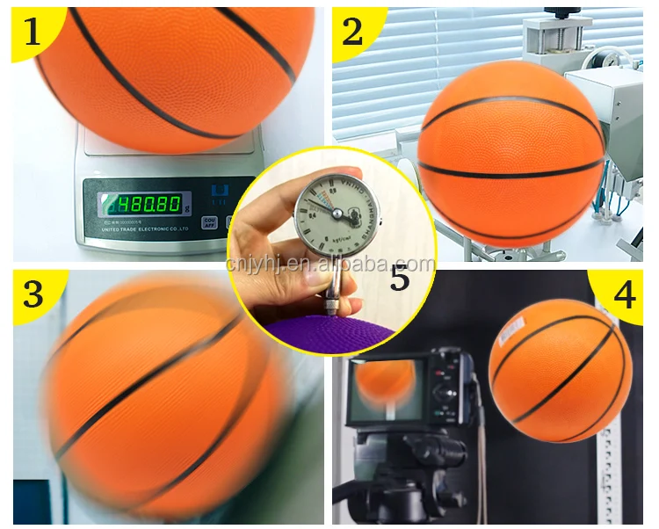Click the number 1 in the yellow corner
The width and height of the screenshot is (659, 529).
[33, 33]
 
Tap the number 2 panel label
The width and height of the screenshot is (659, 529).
[352, 33]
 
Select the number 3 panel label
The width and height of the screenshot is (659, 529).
[33, 293]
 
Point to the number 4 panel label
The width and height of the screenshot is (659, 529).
[625, 295]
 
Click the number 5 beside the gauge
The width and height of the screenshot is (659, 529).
[400, 279]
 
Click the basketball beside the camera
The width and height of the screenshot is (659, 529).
[560, 369]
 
